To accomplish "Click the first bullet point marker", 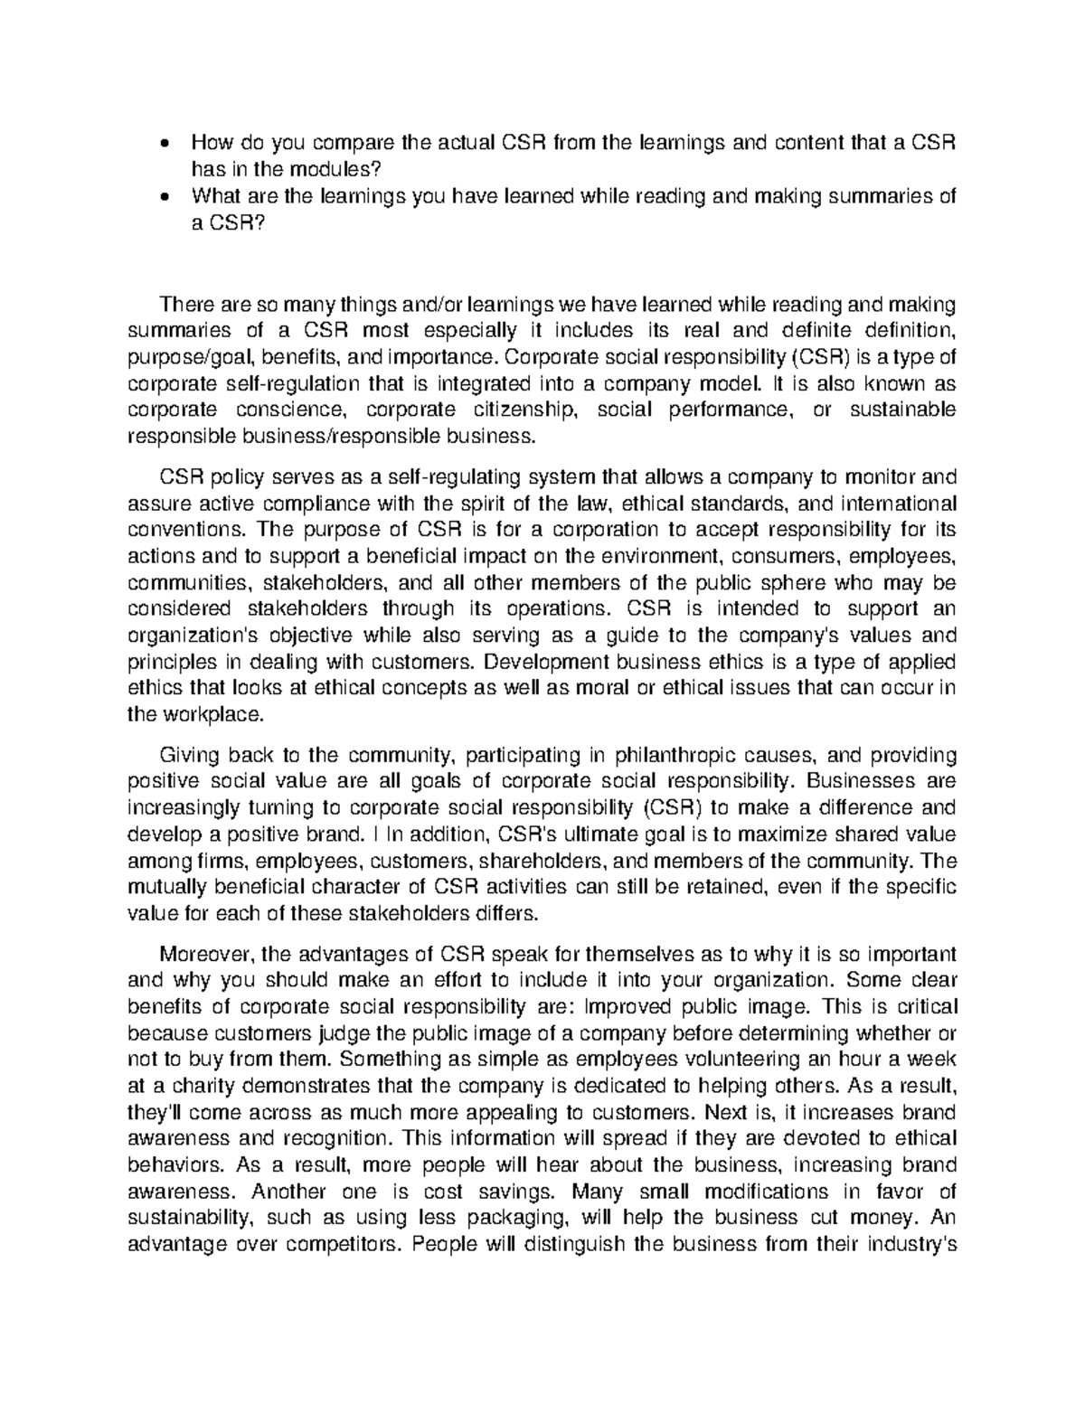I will click(163, 144).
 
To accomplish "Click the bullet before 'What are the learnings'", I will click(163, 197).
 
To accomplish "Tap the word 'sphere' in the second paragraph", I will click(797, 581).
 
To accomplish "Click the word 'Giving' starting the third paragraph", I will click(187, 754).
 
